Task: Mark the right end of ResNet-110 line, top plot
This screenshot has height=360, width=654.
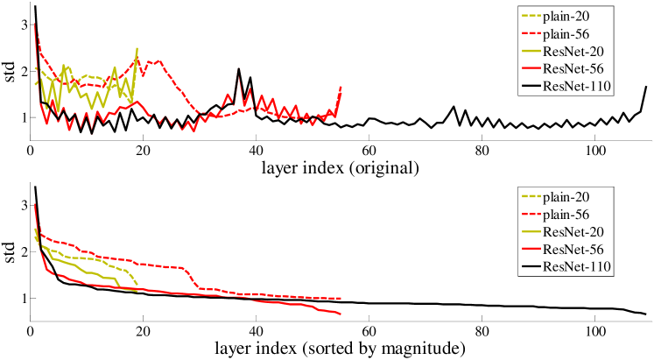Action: click(x=646, y=87)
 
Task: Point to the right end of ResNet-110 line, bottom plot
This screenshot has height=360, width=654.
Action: click(x=646, y=314)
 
